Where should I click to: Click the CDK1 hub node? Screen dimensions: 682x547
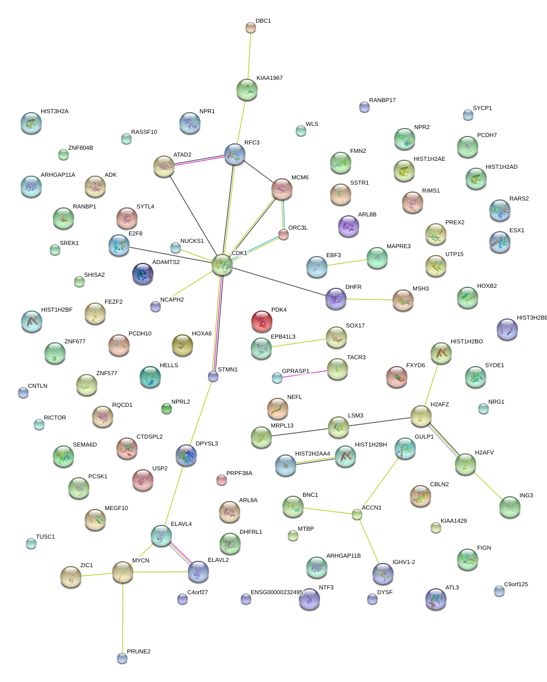[222, 265]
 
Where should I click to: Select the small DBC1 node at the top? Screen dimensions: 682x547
[251, 28]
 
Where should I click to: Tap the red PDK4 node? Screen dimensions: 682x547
[261, 321]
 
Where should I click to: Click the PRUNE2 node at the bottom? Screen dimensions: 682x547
[122, 658]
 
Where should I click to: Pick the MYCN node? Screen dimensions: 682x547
[123, 572]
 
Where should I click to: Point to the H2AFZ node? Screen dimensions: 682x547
[421, 416]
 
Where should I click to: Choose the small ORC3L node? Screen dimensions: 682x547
[284, 234]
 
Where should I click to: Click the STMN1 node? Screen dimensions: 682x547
[213, 376]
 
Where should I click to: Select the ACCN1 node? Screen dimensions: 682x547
[357, 514]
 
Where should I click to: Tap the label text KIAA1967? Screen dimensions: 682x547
[269, 78]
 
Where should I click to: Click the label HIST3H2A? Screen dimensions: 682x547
[54, 112]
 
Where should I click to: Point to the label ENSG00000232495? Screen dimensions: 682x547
[277, 593]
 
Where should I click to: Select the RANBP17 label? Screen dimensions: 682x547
[382, 101]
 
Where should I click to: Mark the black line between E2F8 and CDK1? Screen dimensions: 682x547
[169, 254]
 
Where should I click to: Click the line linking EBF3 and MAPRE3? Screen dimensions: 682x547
[347, 263]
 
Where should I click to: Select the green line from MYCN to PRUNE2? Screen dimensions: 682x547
[123, 616]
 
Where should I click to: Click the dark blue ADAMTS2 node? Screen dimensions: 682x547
[143, 274]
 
